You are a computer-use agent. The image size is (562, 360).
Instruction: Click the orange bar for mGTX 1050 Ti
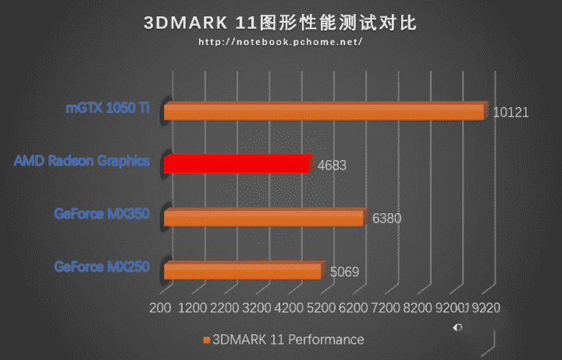pos(324,112)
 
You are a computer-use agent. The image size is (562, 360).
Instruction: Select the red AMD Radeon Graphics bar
pos(237,163)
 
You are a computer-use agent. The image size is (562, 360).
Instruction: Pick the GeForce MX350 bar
pos(264,217)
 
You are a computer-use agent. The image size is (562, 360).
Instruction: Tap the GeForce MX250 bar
pos(242,270)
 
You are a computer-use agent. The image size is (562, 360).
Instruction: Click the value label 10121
pos(511,112)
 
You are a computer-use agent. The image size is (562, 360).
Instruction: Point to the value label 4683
pos(332,165)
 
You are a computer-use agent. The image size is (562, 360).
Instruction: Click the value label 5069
pos(344,273)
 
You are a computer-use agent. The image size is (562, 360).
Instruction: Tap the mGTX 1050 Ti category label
pos(108,108)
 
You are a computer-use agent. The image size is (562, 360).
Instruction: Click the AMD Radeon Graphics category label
pos(81,161)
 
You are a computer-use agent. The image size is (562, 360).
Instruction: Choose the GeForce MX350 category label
pos(101,213)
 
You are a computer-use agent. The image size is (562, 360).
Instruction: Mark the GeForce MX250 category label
pos(101,266)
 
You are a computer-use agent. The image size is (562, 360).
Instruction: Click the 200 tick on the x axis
pos(159,309)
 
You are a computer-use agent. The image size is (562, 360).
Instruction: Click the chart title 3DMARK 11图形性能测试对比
pos(280,23)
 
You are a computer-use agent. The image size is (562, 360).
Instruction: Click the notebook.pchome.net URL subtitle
pos(280,42)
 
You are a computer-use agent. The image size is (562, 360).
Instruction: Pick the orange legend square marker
pos(207,340)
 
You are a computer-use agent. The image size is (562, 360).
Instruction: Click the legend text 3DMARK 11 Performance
pos(289,340)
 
